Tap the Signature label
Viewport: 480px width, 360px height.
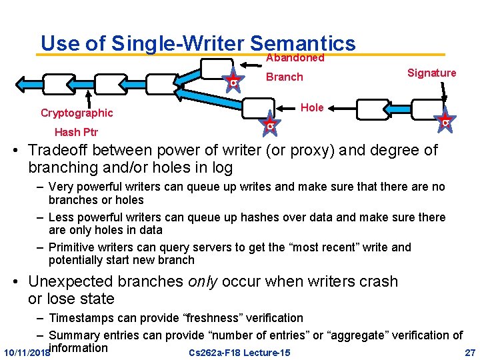[431, 73]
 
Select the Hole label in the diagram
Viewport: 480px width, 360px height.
[312, 107]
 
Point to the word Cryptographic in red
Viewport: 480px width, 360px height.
[77, 113]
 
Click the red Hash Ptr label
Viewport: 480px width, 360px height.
[76, 132]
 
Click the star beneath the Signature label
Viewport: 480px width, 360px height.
[445, 122]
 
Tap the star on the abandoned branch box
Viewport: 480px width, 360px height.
[233, 81]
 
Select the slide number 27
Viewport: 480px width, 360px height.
[469, 352]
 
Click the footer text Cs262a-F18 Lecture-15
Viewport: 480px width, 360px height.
[239, 352]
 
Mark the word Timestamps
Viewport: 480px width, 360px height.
[81, 318]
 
